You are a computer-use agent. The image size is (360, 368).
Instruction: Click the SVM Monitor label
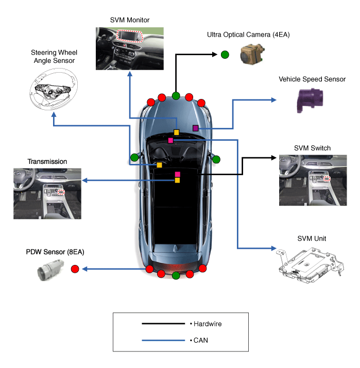pos(130,20)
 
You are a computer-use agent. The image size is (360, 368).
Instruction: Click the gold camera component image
pos(252,54)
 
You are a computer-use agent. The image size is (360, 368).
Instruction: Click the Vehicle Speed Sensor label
pos(312,79)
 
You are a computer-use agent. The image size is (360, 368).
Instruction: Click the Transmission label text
pos(47,161)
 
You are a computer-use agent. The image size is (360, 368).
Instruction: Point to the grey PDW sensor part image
pos(52,269)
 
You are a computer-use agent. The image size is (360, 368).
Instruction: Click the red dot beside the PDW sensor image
pos(75,269)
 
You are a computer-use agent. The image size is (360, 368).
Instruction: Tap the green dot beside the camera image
pos(225,55)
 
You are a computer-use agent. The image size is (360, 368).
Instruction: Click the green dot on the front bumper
pos(176,95)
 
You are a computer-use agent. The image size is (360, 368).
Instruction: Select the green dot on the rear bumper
pos(176,275)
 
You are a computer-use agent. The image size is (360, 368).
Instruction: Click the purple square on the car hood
pos(196,128)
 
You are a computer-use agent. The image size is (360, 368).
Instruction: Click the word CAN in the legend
pos(200,340)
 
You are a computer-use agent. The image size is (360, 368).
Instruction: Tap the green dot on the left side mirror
pos(134,157)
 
